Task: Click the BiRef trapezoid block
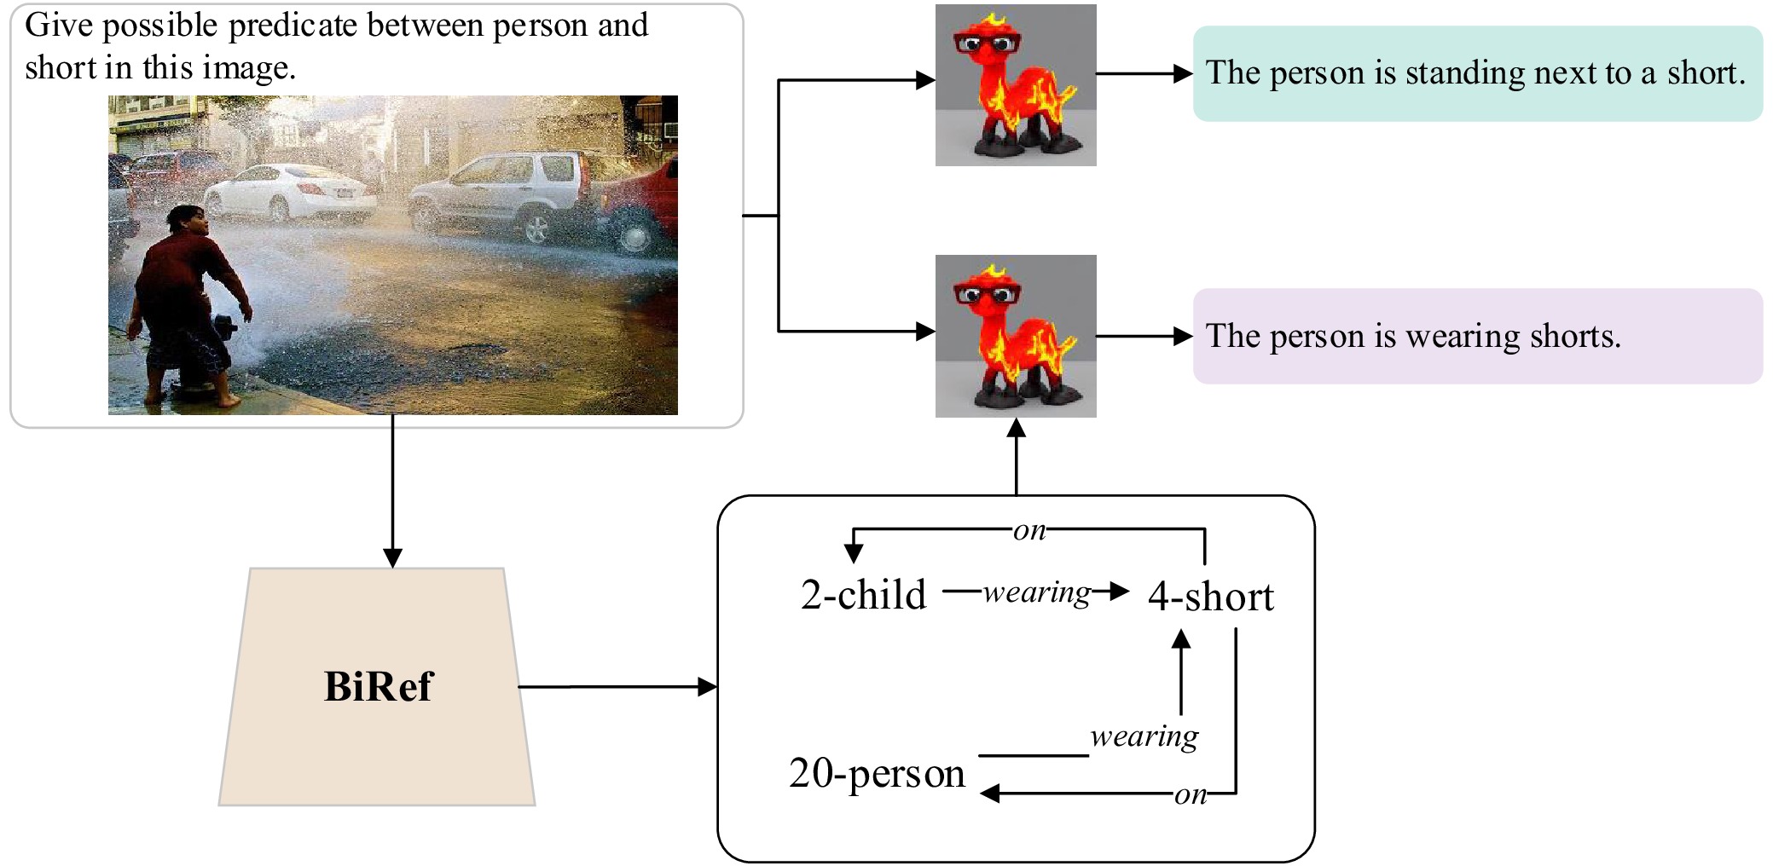(377, 686)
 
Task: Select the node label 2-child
(863, 594)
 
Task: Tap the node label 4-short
(1210, 596)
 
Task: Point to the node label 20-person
(877, 774)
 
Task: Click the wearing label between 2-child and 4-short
(1037, 592)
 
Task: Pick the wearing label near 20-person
(1144, 736)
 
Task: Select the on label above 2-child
(1029, 530)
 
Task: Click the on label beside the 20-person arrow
(1191, 794)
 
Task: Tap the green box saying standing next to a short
(1477, 73)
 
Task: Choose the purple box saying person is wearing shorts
(1477, 336)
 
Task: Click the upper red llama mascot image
(1016, 84)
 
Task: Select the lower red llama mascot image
(1016, 336)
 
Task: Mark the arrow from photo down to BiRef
(392, 491)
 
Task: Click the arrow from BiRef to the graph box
(617, 686)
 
